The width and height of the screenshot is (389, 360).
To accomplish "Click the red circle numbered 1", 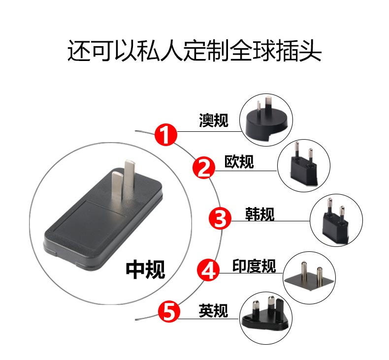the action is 166,135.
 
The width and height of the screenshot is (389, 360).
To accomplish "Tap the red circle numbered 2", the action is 204,168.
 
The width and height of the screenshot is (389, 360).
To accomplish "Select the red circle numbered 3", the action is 220,218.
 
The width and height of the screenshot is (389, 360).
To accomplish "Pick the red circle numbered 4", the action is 208,270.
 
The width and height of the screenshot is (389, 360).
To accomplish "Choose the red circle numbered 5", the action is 169,311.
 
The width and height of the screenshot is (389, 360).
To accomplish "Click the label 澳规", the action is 214,120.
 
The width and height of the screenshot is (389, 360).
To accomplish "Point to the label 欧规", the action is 239,162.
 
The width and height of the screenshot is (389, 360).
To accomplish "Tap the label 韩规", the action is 260,214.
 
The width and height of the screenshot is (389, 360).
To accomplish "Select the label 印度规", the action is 254,266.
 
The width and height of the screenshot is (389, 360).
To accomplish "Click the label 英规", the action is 213,311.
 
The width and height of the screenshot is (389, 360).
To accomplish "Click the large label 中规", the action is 145,270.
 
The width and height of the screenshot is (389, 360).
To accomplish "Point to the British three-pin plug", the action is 265,314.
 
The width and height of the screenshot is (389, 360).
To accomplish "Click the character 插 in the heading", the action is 287,51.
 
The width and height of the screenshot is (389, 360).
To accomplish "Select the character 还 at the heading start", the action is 79,51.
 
